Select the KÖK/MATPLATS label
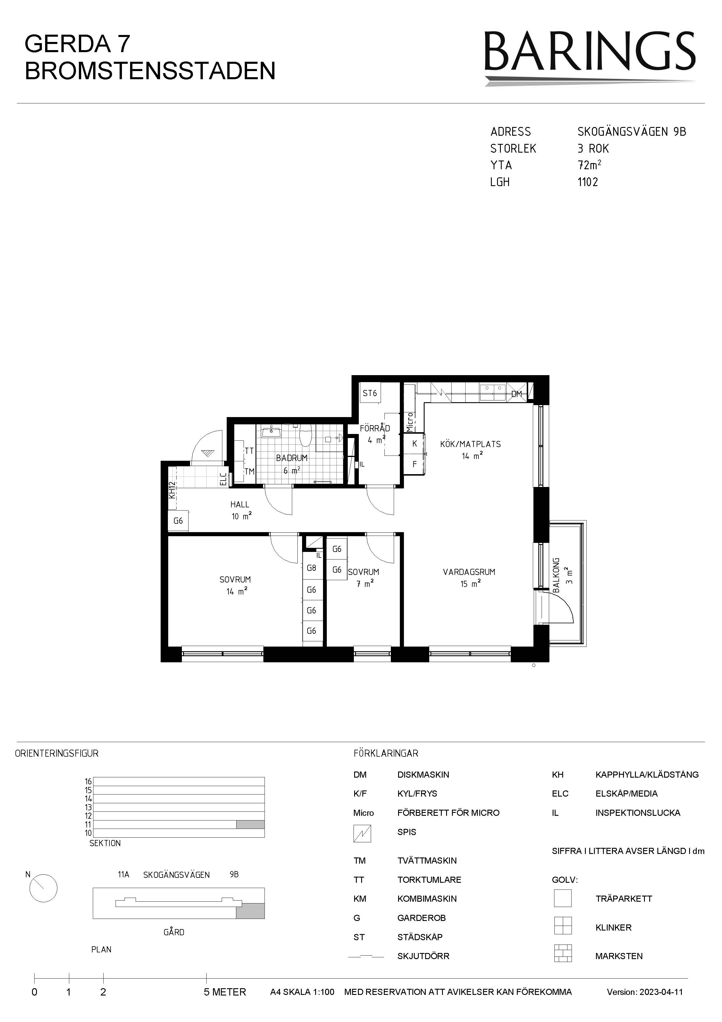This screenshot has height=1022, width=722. [470, 444]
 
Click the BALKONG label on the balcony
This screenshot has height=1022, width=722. [556, 575]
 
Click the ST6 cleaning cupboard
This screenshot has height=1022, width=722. [370, 393]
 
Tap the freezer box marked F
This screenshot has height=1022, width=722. [415, 464]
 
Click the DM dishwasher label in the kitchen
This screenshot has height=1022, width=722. [517, 394]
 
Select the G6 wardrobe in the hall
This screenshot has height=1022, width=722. [178, 520]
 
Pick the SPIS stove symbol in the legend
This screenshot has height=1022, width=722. [362, 833]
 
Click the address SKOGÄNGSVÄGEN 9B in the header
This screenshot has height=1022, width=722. [632, 132]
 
